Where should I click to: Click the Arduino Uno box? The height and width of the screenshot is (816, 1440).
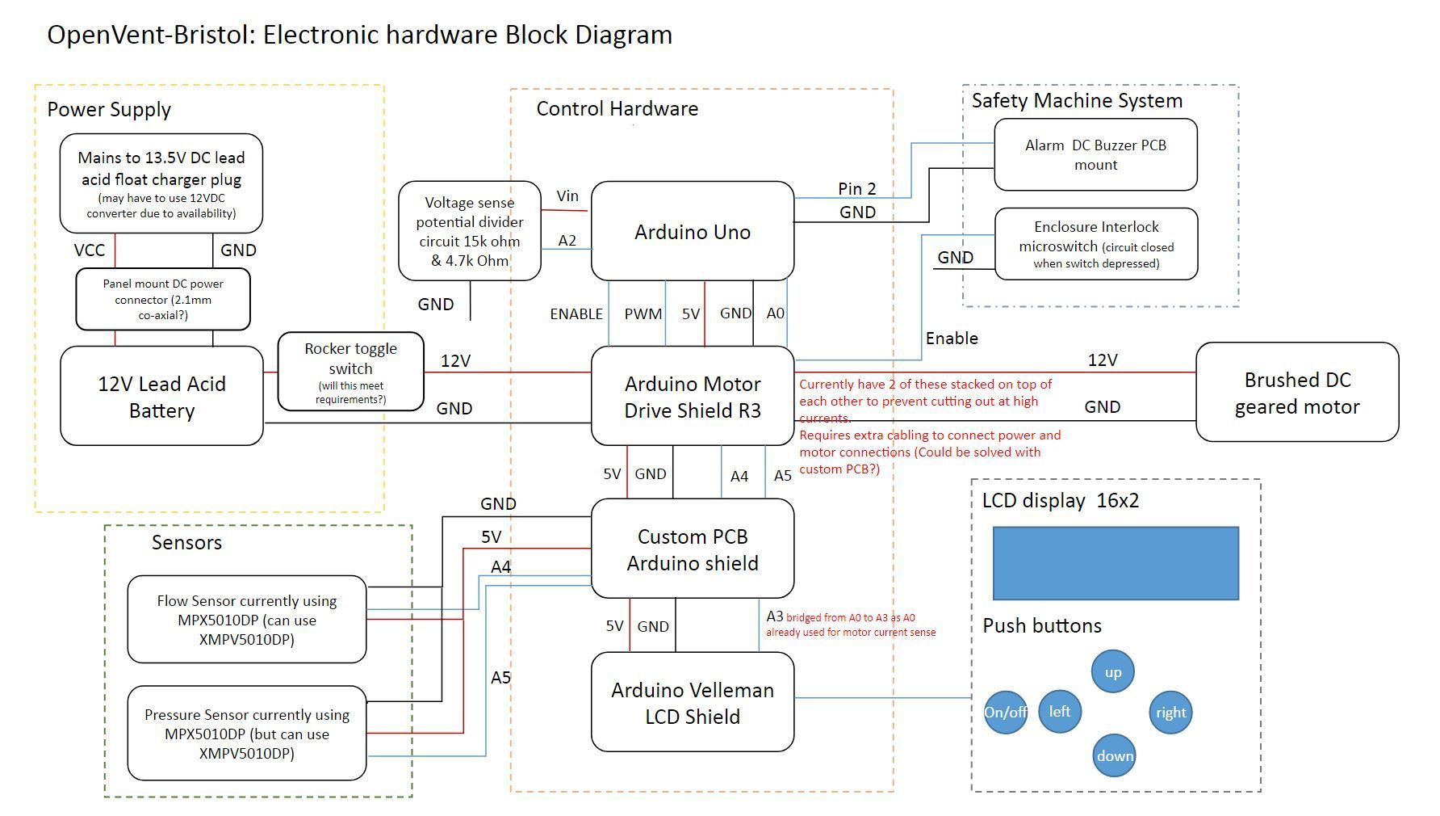pyautogui.click(x=693, y=231)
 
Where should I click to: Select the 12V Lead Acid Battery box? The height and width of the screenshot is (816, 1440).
pyautogui.click(x=161, y=396)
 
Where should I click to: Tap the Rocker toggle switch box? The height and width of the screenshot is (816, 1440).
pyautogui.click(x=350, y=372)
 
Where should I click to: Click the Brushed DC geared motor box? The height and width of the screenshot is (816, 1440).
pyautogui.click(x=1297, y=392)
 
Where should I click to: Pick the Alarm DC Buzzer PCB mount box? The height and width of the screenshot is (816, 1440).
pyautogui.click(x=1095, y=154)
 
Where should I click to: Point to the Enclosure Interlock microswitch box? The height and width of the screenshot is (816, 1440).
pyautogui.click(x=1096, y=244)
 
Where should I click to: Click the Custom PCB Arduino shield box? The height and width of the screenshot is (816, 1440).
pyautogui.click(x=693, y=549)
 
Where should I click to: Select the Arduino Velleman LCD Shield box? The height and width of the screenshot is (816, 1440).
pyautogui.click(x=693, y=702)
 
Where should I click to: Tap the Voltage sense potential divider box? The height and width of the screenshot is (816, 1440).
pyautogui.click(x=470, y=231)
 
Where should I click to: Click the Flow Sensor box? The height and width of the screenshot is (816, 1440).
pyautogui.click(x=247, y=620)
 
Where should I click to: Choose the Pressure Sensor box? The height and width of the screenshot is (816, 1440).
pyautogui.click(x=247, y=734)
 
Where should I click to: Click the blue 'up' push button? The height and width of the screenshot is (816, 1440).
pyautogui.click(x=1113, y=672)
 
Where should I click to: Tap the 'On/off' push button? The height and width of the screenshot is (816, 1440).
pyautogui.click(x=1006, y=713)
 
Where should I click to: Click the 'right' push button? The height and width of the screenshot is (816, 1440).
pyautogui.click(x=1170, y=713)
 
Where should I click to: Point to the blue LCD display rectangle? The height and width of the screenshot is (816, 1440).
pyautogui.click(x=1116, y=564)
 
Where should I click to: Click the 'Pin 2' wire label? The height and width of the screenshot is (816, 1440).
pyautogui.click(x=857, y=188)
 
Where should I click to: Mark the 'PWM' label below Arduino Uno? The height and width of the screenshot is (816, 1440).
pyautogui.click(x=643, y=313)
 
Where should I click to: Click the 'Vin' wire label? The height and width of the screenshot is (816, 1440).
pyautogui.click(x=567, y=196)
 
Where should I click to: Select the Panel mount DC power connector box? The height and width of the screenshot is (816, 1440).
pyautogui.click(x=163, y=300)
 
